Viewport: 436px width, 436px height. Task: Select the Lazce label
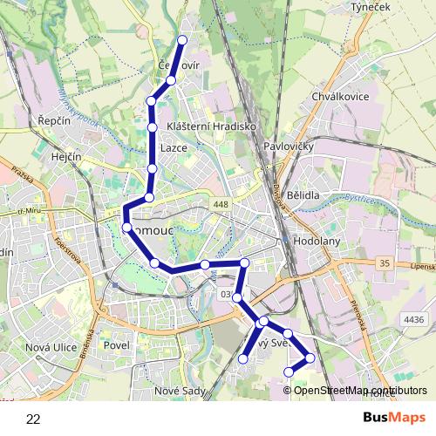[174, 148]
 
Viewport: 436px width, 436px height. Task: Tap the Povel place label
[116, 345]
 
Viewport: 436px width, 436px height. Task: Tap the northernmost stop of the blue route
[182, 40]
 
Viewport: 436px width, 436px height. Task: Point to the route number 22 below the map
[33, 419]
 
